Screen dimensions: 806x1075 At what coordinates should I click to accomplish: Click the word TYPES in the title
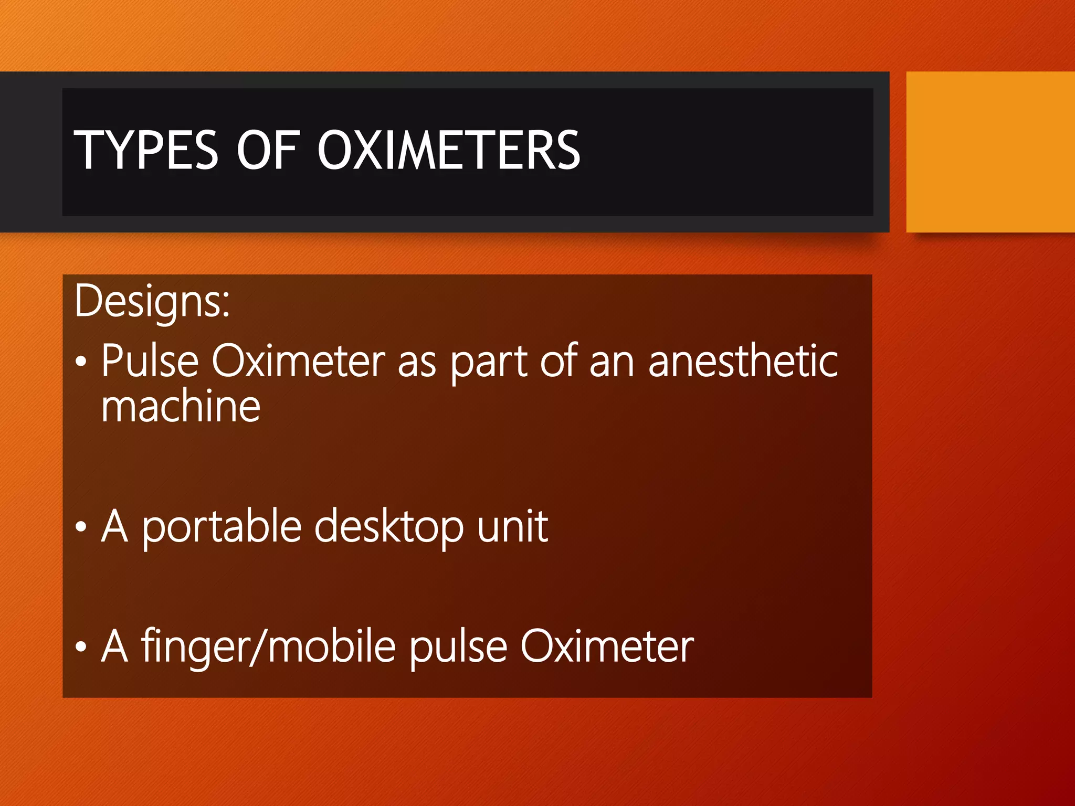click(x=145, y=151)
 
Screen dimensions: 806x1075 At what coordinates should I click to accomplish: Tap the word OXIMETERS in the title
click(x=449, y=151)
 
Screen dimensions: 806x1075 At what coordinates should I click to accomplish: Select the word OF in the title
click(x=268, y=151)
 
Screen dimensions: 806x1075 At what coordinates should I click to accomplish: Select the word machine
click(x=181, y=407)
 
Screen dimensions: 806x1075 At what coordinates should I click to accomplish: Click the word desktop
click(x=389, y=527)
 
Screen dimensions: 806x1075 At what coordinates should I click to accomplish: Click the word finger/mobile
click(x=268, y=647)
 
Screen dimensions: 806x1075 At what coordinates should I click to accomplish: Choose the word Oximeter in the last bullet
click(x=607, y=647)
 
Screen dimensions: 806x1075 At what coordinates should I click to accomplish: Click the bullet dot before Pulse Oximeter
click(x=80, y=362)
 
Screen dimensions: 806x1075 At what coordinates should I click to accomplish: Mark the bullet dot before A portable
click(x=80, y=527)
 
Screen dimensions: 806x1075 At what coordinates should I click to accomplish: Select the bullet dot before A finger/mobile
click(x=80, y=646)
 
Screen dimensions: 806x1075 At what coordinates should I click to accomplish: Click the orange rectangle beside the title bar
click(x=990, y=152)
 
